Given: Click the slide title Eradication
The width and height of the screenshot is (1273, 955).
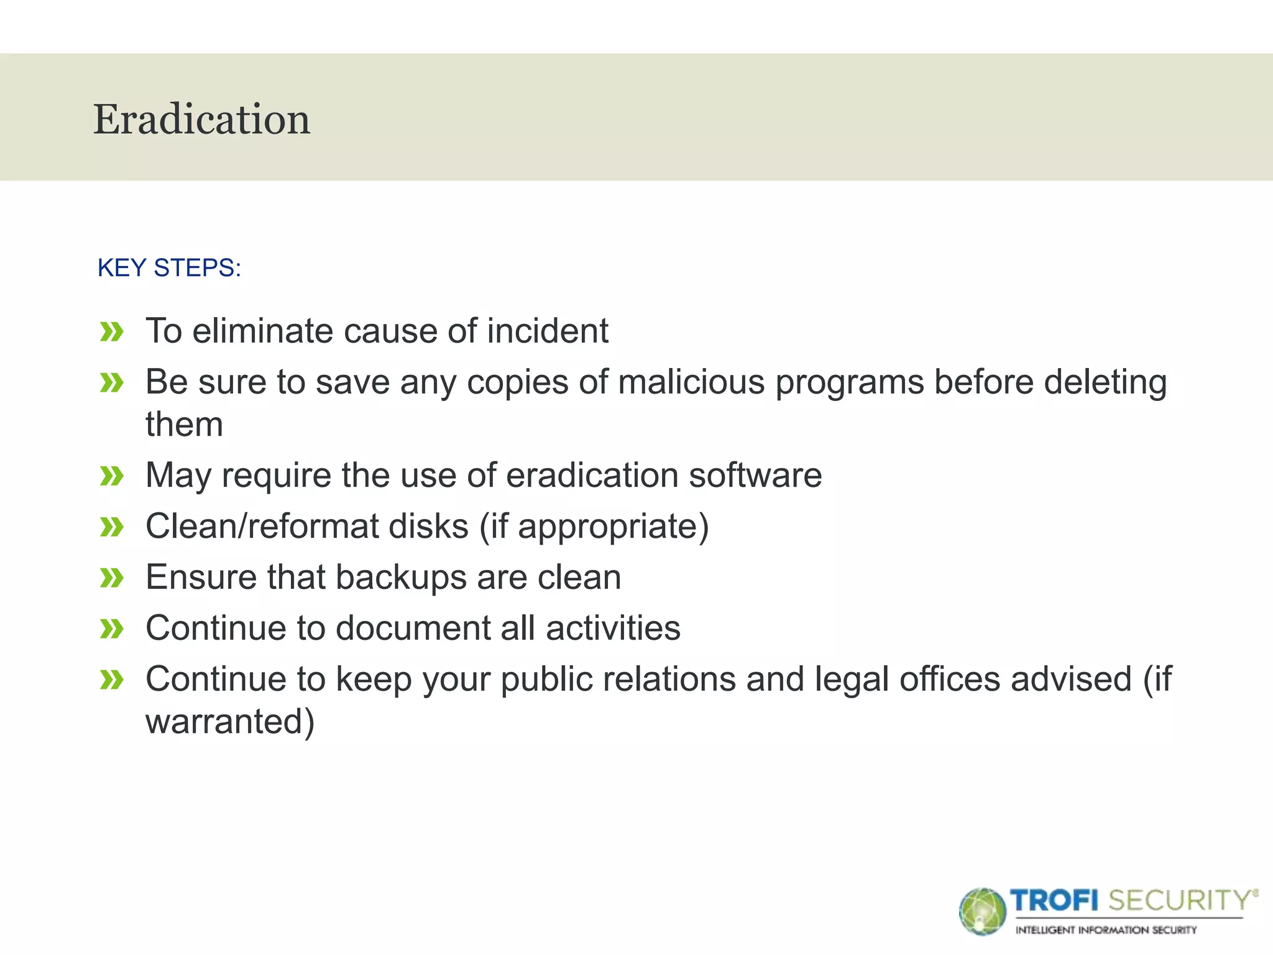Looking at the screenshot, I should coord(201,119).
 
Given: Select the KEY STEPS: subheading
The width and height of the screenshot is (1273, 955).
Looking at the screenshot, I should coord(169,268).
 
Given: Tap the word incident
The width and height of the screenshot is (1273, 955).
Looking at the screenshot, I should coord(548,330).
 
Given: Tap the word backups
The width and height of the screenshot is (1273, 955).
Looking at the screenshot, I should coord(400,577).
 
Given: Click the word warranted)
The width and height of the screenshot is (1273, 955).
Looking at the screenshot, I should coord(230,721).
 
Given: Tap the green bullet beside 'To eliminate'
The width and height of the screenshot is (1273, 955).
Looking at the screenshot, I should coord(112,332).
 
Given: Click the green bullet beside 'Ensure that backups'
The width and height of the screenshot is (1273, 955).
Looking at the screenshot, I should coord(112,578).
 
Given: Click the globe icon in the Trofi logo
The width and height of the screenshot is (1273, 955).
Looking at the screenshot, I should coord(982,911).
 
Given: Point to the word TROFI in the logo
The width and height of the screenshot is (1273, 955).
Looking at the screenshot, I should coord(1054,900).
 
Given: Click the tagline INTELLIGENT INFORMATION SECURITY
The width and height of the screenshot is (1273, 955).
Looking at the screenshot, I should coord(1106,930).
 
